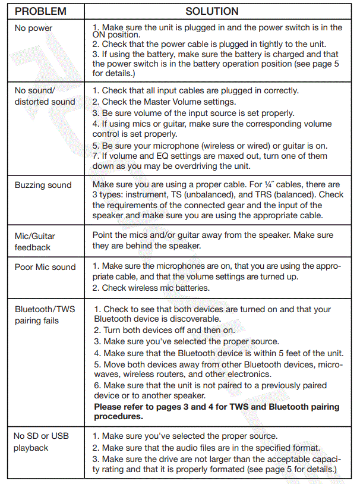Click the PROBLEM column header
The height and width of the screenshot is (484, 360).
pos(42,11)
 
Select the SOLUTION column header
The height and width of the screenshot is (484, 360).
pos(211,11)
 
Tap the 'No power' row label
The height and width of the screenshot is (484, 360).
pos(33,29)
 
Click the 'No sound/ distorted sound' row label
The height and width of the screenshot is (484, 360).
pos(45,96)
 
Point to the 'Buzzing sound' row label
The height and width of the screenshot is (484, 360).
pos(43,185)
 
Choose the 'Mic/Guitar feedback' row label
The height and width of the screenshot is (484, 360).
pos(36,241)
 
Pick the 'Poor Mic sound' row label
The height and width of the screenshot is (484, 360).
pos(45,267)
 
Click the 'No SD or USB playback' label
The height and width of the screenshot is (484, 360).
pos(41,442)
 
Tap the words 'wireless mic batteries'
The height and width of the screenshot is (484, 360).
pos(165,288)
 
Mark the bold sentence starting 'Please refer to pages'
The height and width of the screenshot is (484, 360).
pos(216,412)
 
